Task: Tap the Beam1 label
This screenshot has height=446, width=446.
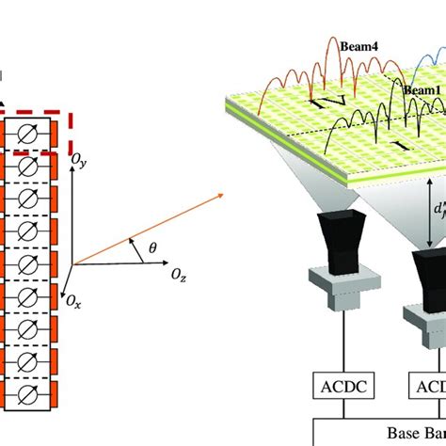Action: [422, 89]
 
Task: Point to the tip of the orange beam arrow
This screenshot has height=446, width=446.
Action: [223, 194]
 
